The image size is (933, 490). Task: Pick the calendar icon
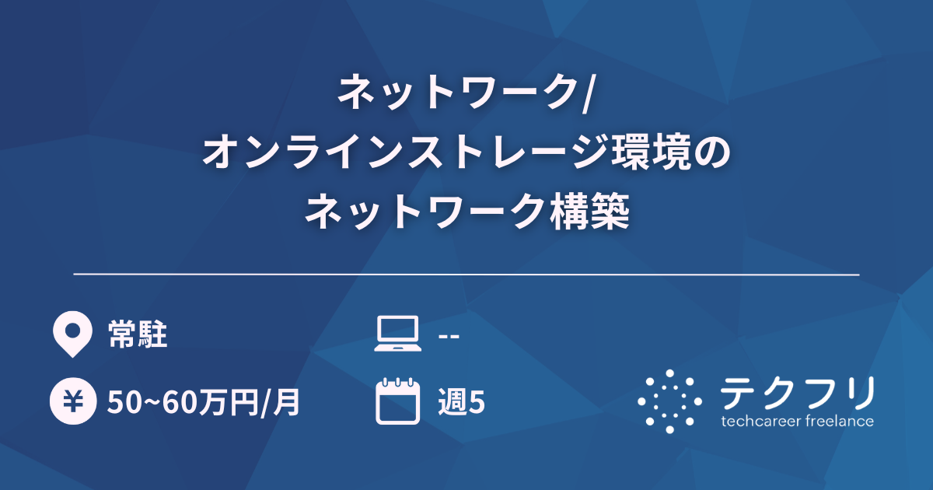tap(397, 401)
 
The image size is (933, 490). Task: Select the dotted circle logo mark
tap(669, 401)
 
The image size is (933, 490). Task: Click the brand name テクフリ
tap(797, 393)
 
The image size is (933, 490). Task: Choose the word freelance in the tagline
tap(837, 422)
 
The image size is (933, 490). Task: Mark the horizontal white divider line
tap(466, 275)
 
